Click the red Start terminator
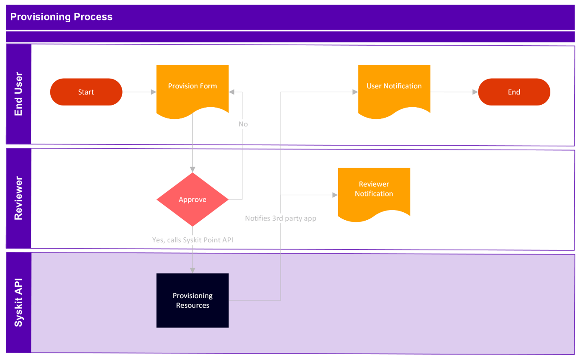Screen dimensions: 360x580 86,92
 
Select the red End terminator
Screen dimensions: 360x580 514,92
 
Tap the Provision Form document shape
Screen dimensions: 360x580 192,88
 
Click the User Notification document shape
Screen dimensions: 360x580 394,88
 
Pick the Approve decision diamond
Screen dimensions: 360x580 192,200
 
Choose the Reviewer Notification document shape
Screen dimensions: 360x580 374,190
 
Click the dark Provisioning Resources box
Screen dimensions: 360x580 192,301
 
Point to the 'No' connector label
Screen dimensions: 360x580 243,124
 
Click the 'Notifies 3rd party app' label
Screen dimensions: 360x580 280,218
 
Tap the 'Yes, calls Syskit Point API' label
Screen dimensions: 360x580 192,240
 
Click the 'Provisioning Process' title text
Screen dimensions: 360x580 61,17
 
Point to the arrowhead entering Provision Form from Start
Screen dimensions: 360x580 154,92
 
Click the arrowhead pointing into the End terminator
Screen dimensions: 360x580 475,92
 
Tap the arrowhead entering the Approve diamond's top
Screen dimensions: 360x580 192,170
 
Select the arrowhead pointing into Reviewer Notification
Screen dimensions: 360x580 335,195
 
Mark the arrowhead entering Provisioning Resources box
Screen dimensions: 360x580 192,270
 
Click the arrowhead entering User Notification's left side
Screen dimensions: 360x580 355,92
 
